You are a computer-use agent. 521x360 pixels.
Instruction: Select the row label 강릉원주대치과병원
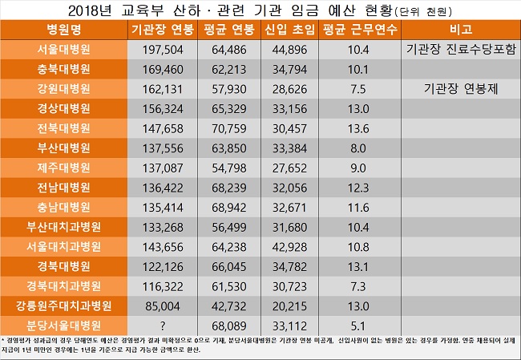click(x=63, y=305)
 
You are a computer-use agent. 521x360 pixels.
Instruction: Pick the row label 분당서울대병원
click(x=63, y=326)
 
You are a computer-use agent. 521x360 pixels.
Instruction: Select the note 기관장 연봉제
click(x=460, y=90)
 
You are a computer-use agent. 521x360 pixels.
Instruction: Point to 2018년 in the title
click(x=91, y=10)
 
